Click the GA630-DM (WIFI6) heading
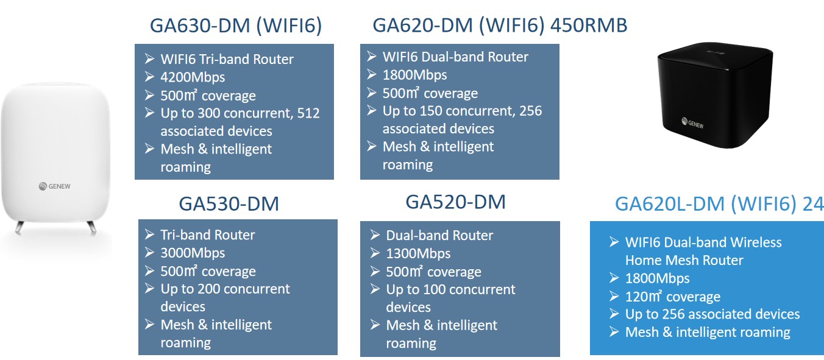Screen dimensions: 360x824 (235, 26)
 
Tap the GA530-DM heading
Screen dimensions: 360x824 (229, 203)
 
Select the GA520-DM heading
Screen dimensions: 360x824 (455, 202)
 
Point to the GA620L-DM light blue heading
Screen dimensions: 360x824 (719, 204)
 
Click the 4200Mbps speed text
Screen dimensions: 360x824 (193, 77)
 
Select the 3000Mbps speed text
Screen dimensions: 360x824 (193, 253)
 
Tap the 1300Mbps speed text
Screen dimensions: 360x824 (418, 253)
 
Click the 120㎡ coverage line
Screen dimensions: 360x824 (672, 297)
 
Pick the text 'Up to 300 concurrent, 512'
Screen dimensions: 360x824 (240, 113)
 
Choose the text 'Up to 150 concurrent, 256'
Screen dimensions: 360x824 (462, 111)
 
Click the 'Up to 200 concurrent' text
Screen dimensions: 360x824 (225, 289)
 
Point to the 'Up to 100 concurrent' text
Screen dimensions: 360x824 (450, 289)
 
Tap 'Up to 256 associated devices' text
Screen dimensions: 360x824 (712, 314)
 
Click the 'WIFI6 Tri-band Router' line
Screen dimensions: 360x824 (227, 59)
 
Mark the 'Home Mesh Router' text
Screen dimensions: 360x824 (684, 260)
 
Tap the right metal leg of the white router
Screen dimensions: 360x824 (91, 228)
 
